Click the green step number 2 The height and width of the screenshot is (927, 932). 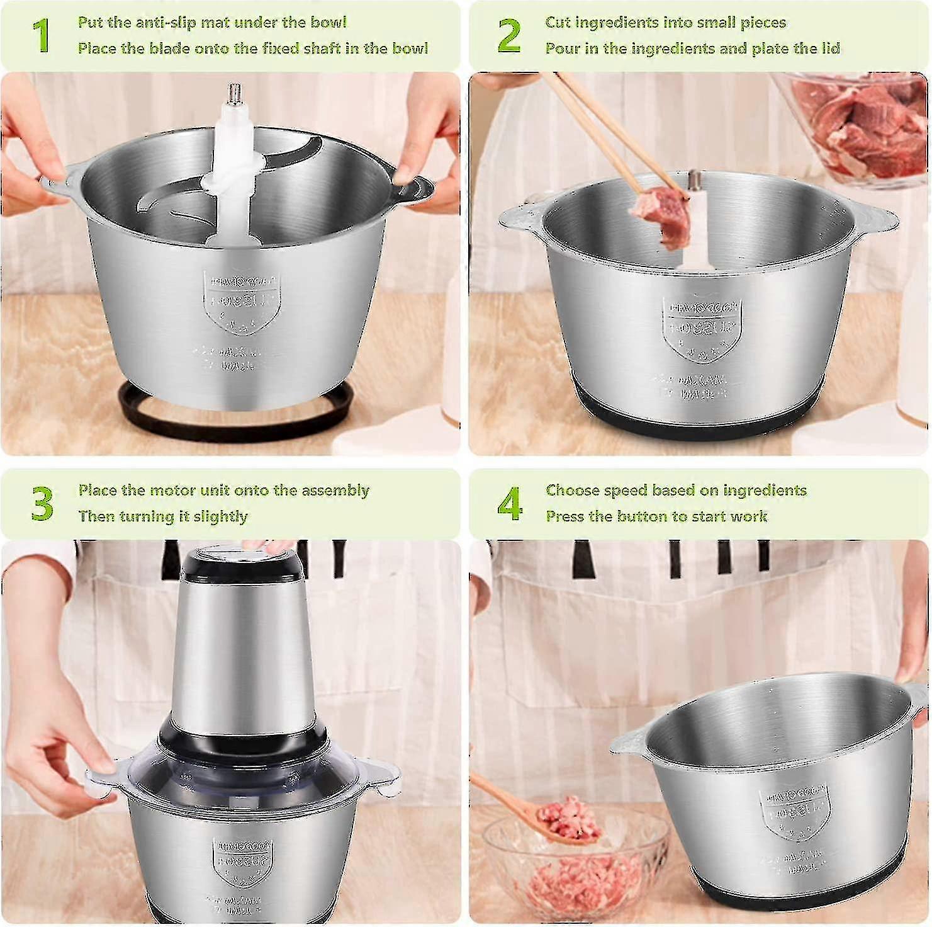[508, 36]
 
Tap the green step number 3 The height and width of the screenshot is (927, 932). [42, 504]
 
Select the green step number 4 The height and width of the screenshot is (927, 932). [509, 504]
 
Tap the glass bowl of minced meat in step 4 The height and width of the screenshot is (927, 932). [573, 869]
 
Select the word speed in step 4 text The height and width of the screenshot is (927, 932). [623, 491]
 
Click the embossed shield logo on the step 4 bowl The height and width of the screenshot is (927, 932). [790, 812]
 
